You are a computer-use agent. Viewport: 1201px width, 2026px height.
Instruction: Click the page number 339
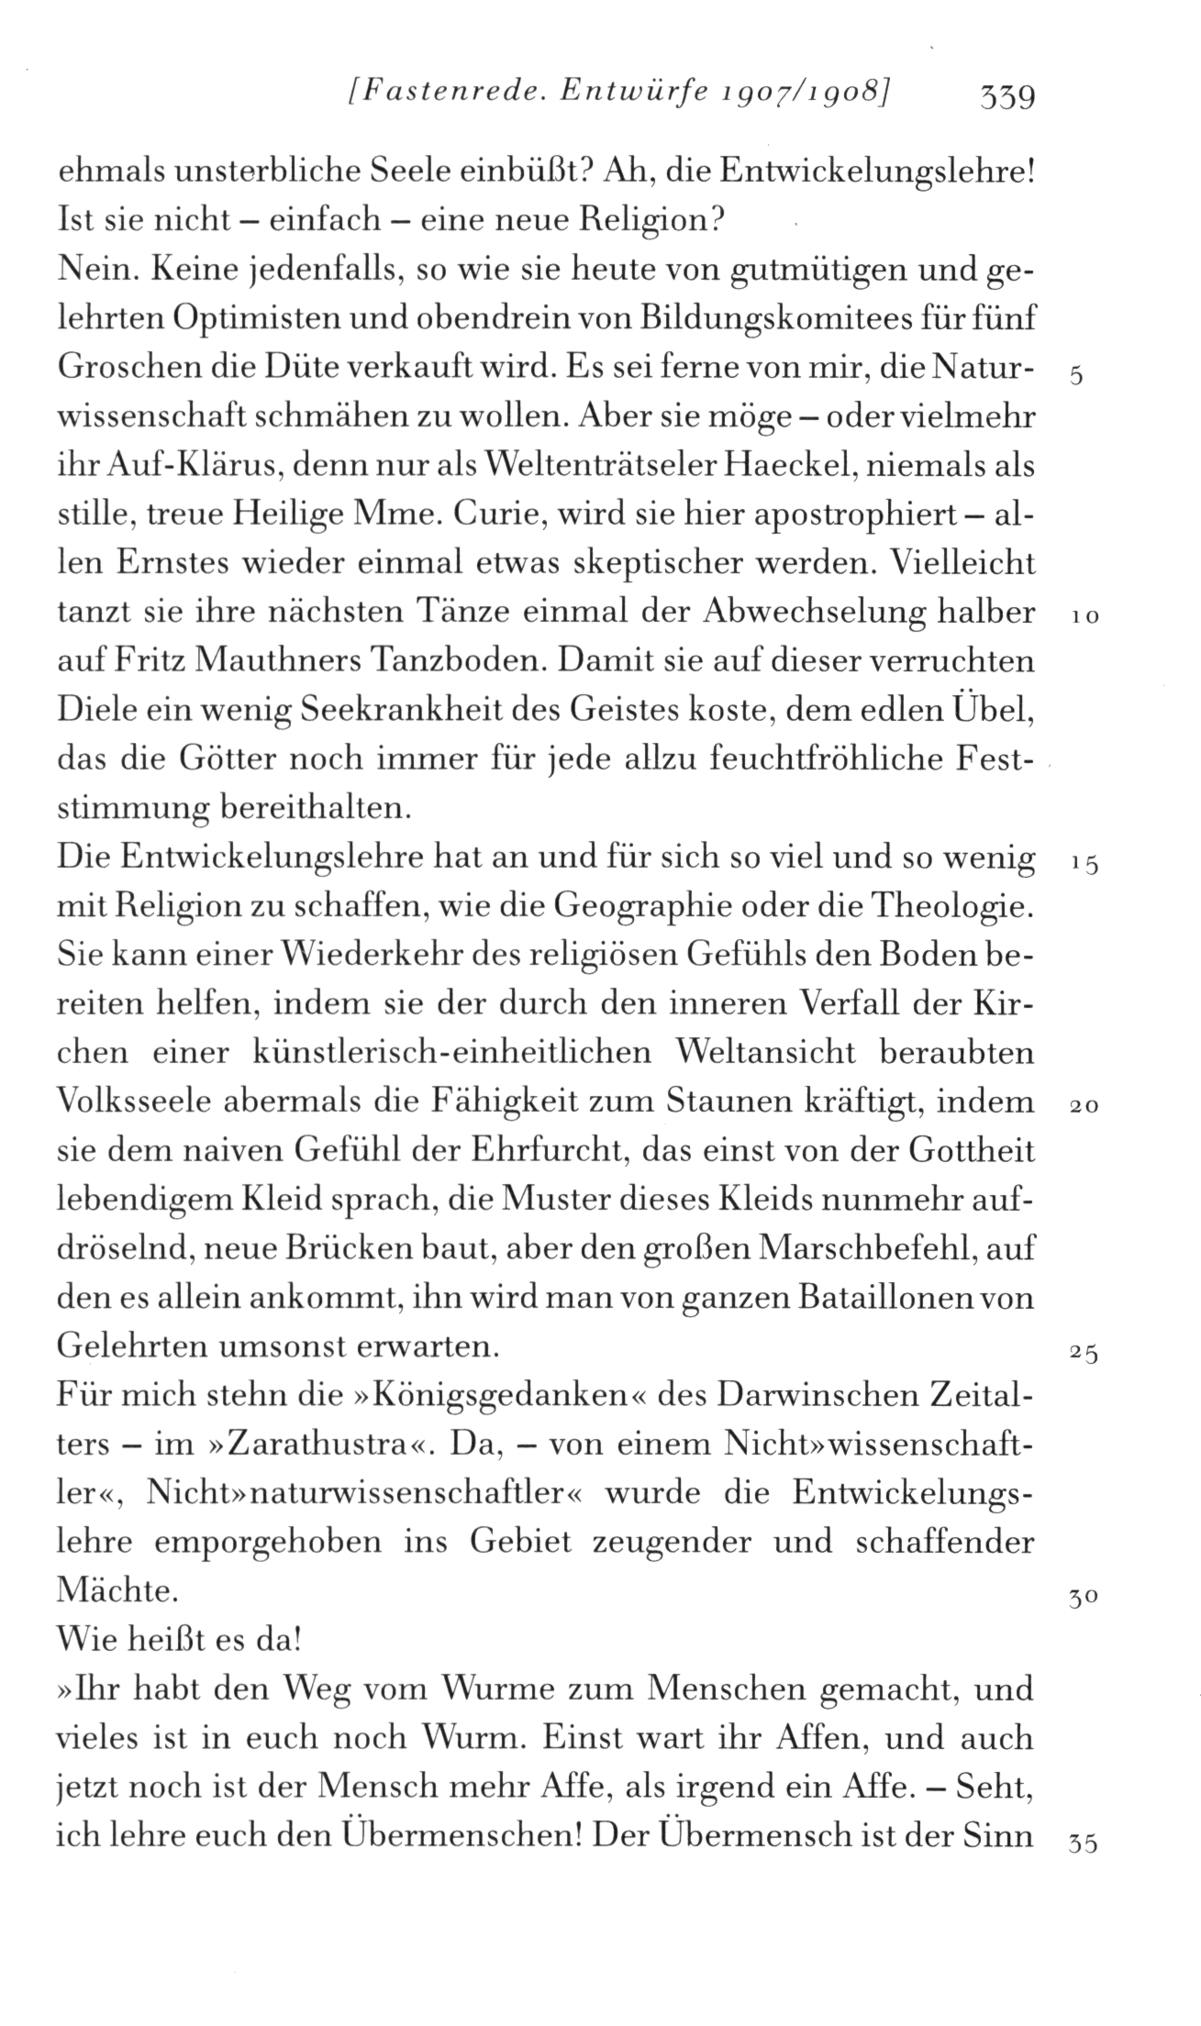[1006, 94]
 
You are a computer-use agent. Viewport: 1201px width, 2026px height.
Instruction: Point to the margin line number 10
[1083, 618]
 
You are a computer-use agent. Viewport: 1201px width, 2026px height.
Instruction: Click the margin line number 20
[1083, 1107]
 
